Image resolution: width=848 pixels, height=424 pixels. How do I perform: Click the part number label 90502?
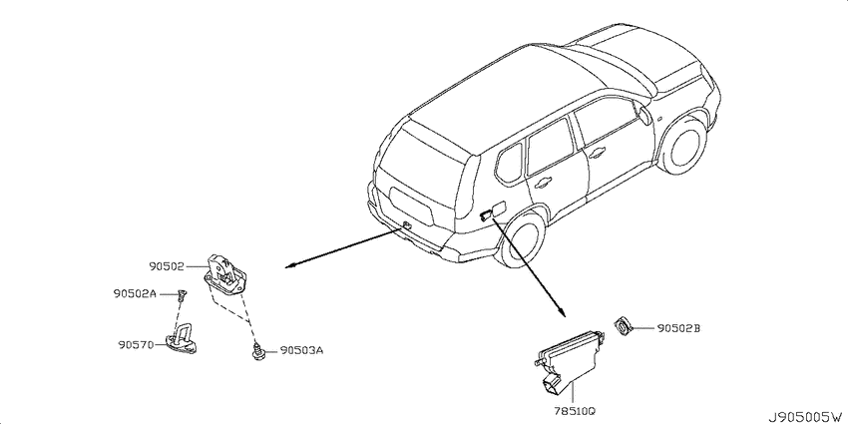168,266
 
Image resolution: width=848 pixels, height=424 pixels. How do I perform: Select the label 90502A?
136,293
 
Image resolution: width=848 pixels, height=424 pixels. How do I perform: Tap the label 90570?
137,344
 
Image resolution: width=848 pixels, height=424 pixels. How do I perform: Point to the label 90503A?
301,350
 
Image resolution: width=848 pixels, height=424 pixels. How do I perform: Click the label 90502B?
678,328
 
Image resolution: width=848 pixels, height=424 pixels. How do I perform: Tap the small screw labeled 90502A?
181,294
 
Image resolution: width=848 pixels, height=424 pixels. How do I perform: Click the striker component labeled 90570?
182,341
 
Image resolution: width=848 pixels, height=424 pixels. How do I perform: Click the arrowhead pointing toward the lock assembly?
291,265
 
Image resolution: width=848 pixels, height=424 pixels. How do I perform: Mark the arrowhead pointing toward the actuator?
562,312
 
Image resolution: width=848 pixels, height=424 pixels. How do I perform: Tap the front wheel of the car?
683,144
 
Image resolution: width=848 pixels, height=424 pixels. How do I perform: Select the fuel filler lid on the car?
499,210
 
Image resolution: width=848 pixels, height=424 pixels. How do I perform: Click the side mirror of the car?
644,115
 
